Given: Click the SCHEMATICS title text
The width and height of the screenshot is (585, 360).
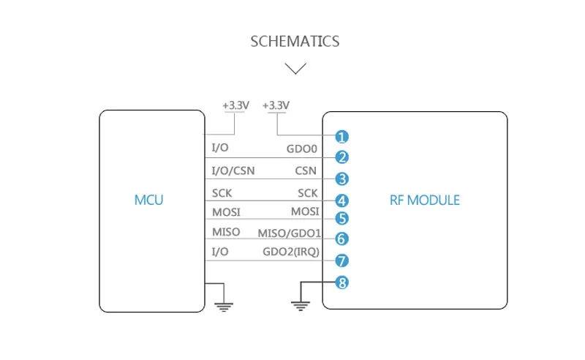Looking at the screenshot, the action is click(x=295, y=42).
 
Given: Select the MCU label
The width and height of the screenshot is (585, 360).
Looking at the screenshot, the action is click(x=148, y=200).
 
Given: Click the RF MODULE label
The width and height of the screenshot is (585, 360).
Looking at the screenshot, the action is click(x=425, y=200).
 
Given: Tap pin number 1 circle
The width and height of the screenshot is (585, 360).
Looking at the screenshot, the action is click(x=341, y=137).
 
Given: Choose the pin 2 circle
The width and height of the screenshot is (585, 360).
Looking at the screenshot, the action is click(x=341, y=157).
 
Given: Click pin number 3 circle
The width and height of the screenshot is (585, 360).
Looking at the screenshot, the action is click(x=341, y=179).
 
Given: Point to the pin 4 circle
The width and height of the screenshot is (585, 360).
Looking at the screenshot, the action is click(x=341, y=201).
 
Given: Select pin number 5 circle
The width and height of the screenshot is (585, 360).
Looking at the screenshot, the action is click(x=341, y=219).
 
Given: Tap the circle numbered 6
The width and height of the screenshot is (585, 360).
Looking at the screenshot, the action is click(x=341, y=239).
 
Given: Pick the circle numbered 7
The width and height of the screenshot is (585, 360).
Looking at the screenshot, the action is click(x=341, y=260).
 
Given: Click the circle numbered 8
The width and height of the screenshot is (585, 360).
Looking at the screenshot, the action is click(x=341, y=282).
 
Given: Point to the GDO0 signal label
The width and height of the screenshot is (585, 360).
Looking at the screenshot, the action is click(x=301, y=149).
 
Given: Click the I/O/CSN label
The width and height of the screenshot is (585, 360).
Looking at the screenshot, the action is click(x=233, y=170).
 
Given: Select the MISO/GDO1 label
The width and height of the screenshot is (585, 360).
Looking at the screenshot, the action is click(x=289, y=233).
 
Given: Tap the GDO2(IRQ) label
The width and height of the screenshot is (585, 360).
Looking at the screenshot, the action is click(x=291, y=252).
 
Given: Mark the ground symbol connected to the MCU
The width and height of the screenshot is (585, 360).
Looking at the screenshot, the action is click(x=224, y=307).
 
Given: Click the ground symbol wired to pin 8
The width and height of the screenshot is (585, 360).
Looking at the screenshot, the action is click(x=301, y=306).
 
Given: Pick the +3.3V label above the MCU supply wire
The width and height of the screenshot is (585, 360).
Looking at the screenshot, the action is click(x=235, y=105).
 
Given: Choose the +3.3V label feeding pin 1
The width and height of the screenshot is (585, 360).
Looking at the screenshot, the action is click(x=276, y=105).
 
